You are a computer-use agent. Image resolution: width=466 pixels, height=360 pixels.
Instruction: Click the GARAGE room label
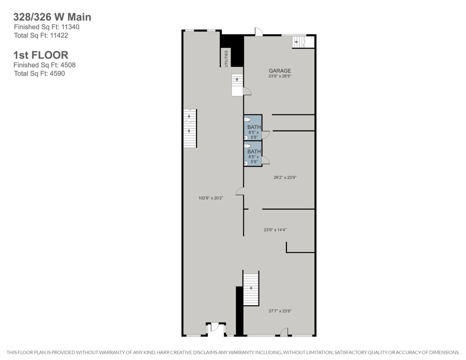pos(280,71)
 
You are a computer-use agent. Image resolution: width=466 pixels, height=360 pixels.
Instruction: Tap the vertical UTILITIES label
pos(226,59)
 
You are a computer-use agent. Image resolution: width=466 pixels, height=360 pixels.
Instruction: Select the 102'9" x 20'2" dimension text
pos(210,198)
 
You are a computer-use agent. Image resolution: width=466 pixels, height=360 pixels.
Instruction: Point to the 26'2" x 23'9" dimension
pos(285,178)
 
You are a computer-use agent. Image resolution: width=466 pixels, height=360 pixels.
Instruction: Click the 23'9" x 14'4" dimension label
pos(275,230)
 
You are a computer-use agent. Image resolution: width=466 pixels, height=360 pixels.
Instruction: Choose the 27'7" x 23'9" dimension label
pos(280,311)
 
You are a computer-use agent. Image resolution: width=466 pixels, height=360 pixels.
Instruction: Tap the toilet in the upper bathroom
pos(247,119)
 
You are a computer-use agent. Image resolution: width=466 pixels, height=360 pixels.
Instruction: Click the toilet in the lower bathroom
pos(247,146)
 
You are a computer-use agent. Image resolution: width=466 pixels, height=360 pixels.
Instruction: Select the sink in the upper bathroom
pos(246,137)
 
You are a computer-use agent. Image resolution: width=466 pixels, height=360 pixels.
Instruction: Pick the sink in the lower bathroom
pos(246,163)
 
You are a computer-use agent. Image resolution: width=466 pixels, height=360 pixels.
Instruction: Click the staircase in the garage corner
pos(299,42)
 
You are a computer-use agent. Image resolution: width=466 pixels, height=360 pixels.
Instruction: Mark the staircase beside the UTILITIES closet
pos(237,85)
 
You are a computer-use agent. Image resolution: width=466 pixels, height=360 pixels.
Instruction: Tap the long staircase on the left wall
pos(189,128)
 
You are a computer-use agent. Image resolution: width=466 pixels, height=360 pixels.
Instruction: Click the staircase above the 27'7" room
pos(251,288)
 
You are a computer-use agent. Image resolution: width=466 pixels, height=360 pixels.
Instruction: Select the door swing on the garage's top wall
pos(259,32)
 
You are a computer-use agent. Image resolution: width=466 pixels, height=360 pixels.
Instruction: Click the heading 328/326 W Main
pos(52,17)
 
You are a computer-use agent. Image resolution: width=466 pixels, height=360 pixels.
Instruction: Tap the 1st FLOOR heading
pos(41,55)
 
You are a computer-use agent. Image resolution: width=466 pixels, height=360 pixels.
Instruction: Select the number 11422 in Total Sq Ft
pos(59,35)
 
